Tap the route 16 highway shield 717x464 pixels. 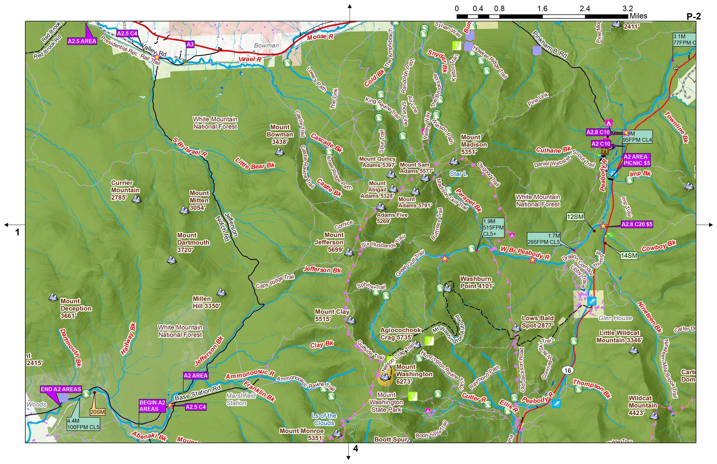568,370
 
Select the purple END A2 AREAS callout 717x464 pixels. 61,389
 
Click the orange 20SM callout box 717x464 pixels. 97,412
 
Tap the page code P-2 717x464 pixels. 693,16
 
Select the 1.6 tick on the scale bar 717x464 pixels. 542,8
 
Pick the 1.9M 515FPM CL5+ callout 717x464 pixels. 493,227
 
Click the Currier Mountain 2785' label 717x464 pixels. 125,190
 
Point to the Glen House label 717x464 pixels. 615,318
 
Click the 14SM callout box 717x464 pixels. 629,256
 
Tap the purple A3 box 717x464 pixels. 190,44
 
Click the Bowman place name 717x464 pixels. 266,46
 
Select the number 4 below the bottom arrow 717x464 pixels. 355,449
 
